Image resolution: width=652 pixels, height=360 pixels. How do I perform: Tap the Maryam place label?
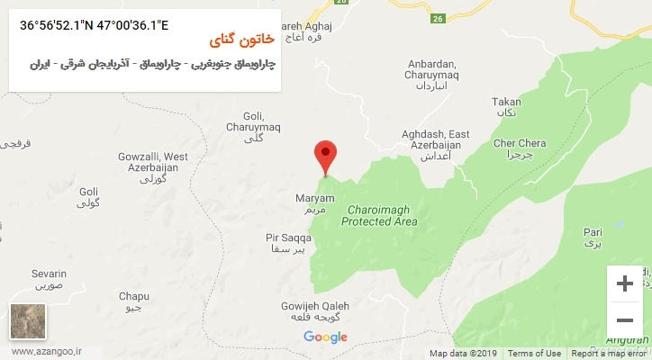(314, 202)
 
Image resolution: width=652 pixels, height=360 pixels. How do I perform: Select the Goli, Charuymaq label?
(254, 126)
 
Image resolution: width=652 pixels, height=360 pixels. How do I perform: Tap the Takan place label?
(506, 108)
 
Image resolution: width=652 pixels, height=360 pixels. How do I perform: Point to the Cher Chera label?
(520, 148)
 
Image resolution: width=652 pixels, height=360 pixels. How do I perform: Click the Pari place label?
(592, 235)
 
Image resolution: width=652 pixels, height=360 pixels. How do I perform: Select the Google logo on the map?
(325, 337)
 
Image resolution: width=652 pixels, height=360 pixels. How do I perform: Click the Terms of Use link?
(534, 354)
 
